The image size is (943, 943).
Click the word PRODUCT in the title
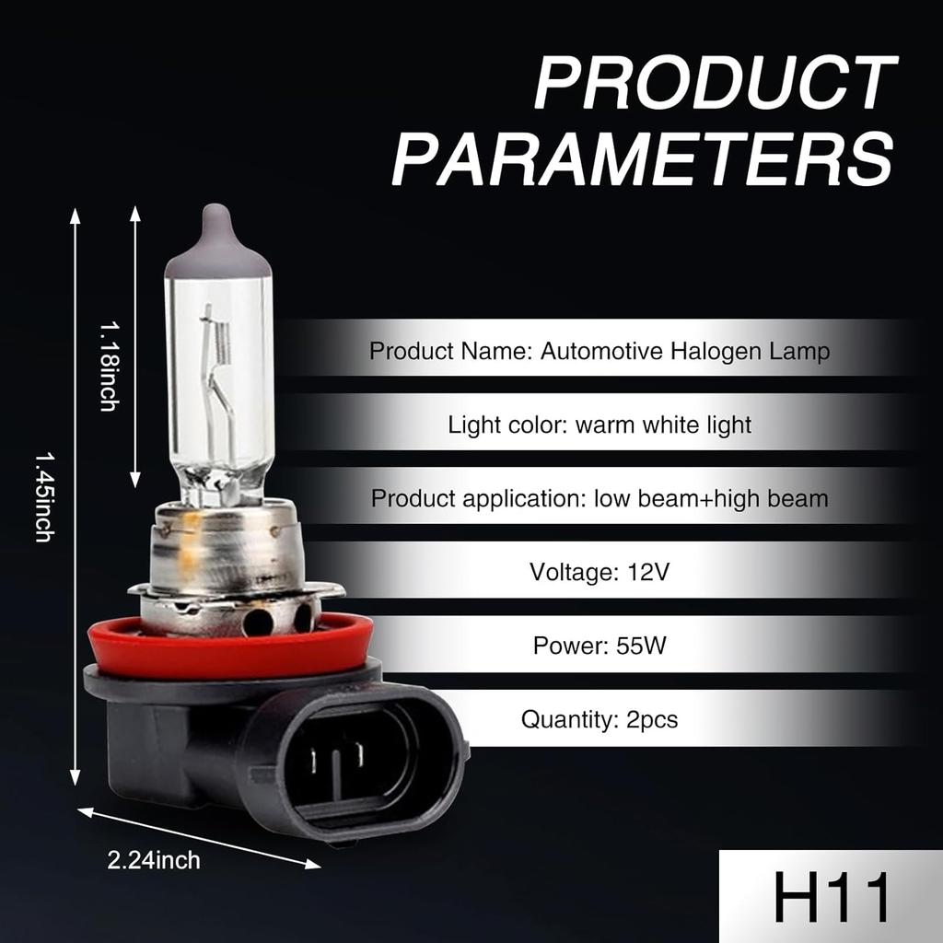click(x=716, y=84)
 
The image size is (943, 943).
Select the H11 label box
click(x=831, y=896)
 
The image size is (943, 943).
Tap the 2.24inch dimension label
click(x=154, y=861)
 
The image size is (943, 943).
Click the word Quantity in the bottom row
click(x=564, y=718)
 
